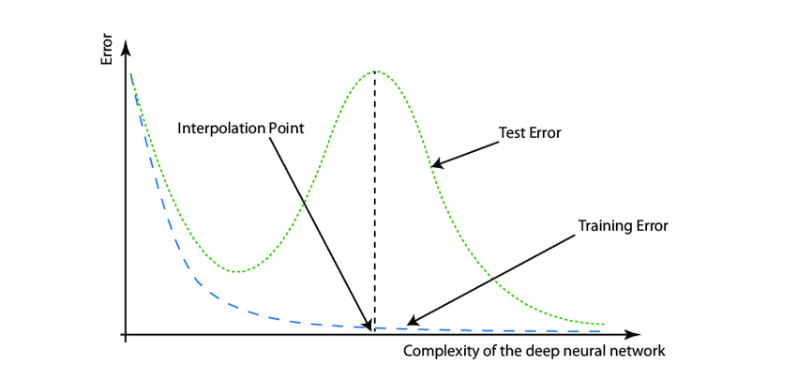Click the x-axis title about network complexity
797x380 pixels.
coord(534,352)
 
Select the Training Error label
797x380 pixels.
coord(624,226)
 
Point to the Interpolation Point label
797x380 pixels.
coord(241,128)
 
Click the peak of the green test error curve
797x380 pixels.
coord(376,71)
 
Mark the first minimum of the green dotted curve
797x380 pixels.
coord(238,272)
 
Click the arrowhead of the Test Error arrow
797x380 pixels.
coord(435,165)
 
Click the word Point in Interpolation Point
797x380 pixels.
coord(286,128)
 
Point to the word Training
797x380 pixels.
coord(604,226)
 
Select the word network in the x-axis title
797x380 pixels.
coord(639,352)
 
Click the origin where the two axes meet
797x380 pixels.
coord(125,334)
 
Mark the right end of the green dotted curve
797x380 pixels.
coord(604,326)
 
